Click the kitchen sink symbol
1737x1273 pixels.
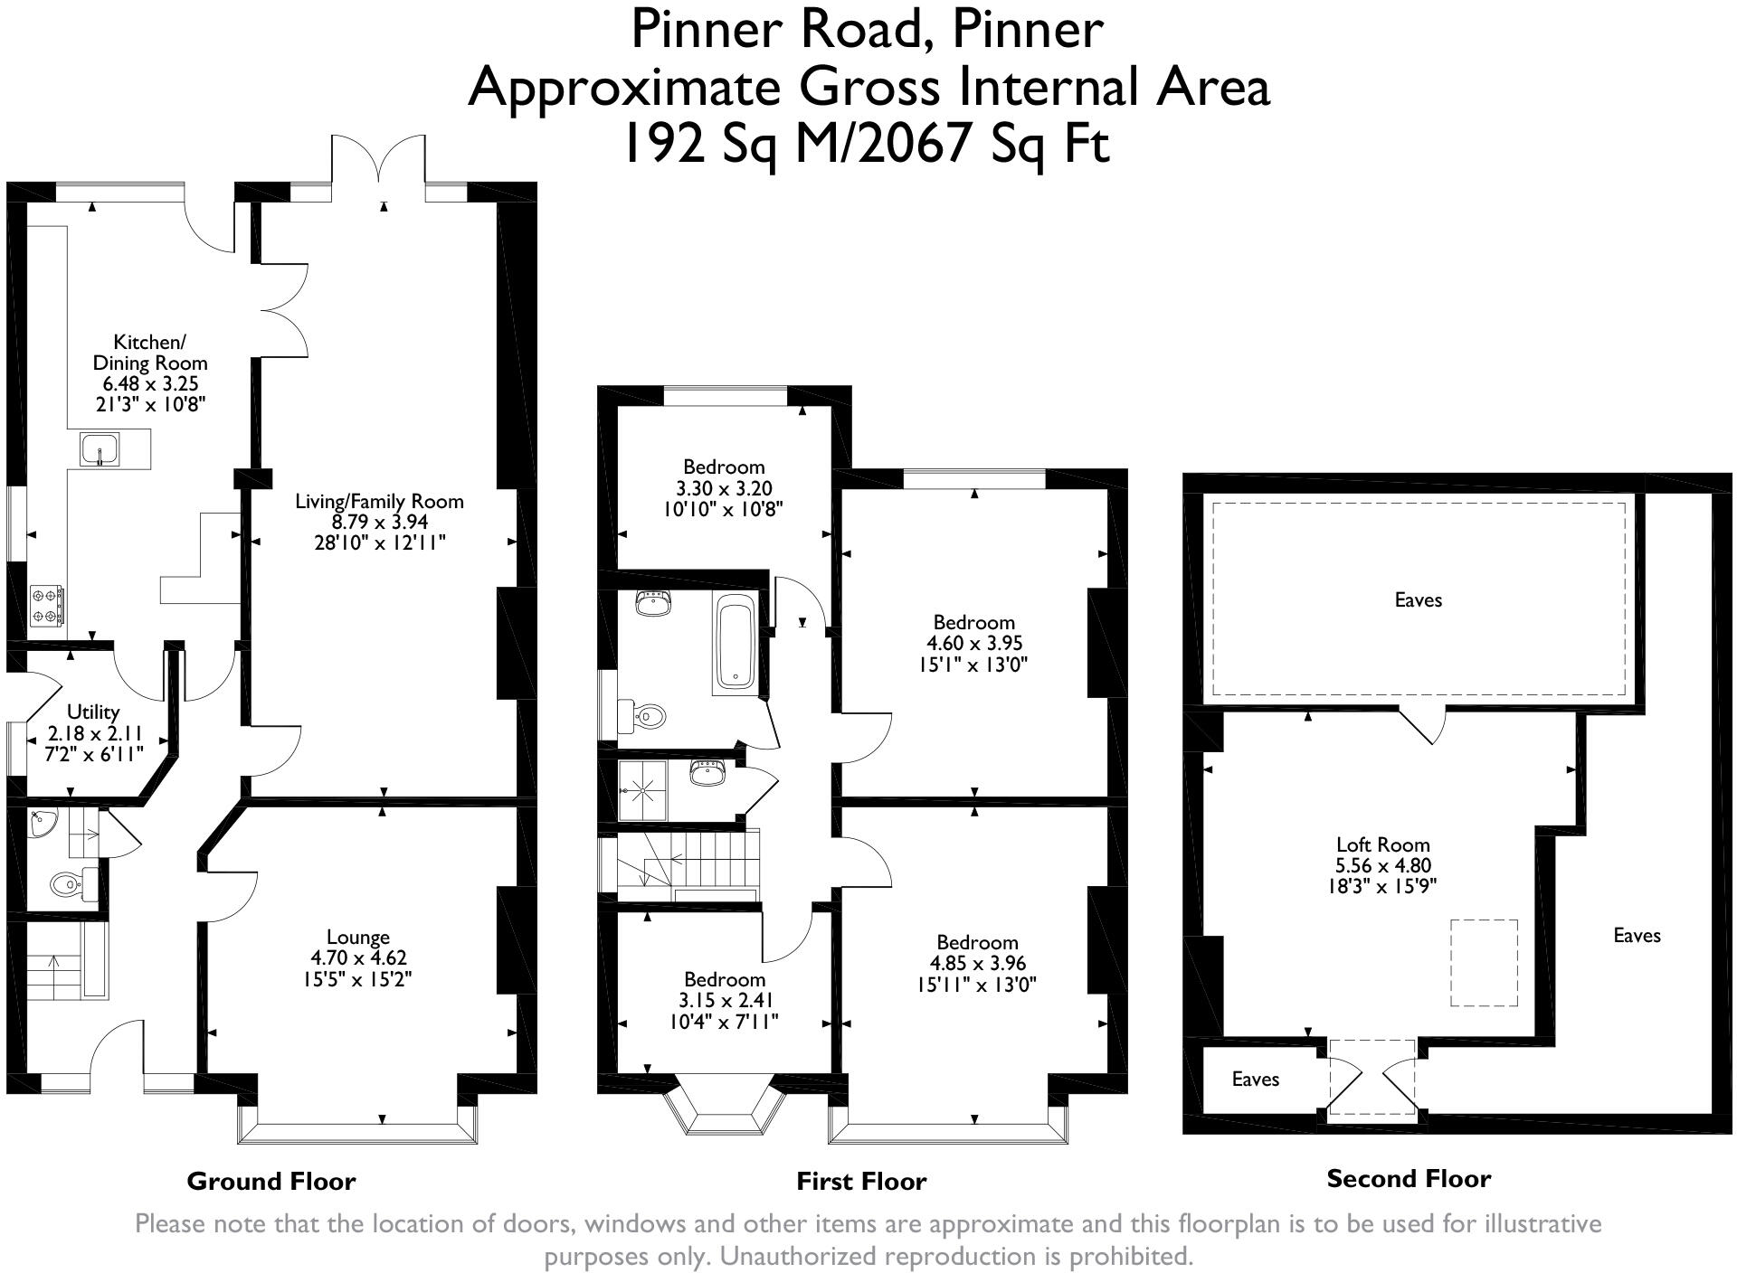point(99,449)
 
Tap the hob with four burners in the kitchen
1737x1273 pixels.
point(47,606)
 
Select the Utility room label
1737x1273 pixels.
point(93,712)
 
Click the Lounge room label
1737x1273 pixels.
point(358,938)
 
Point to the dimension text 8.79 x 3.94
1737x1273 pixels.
point(380,522)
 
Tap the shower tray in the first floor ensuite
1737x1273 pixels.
point(642,789)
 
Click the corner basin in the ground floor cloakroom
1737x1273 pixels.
point(42,823)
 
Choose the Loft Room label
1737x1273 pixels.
point(1383,844)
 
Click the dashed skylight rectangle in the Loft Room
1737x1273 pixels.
point(1484,963)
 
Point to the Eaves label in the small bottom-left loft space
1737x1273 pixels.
point(1256,1079)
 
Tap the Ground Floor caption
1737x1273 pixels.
point(271,1181)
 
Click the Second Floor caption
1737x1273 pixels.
point(1409,1178)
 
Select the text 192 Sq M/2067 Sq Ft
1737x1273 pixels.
point(867,143)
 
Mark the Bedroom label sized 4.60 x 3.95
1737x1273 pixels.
point(974,622)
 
